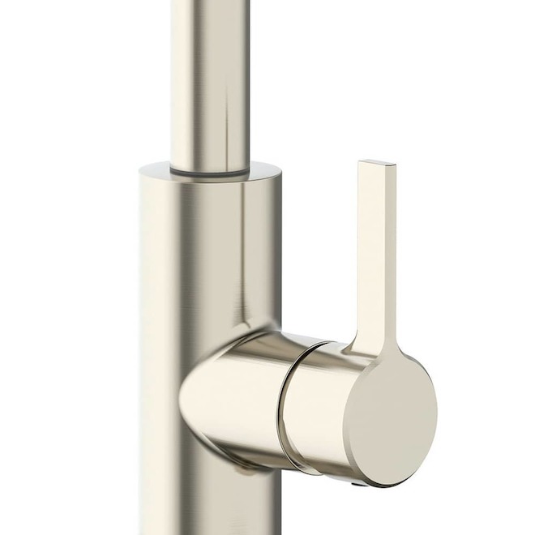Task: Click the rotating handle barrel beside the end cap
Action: coord(320,405)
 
